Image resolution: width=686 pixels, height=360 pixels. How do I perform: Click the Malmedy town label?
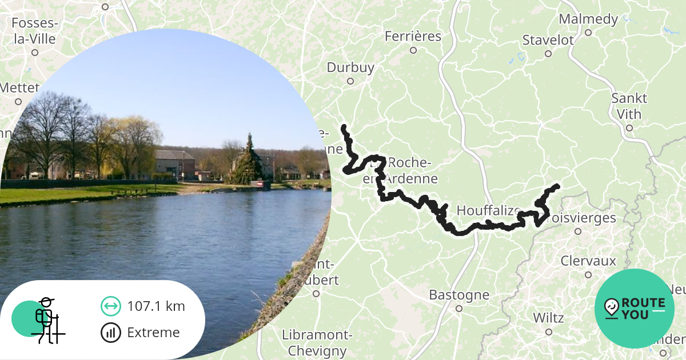(x=588, y=19)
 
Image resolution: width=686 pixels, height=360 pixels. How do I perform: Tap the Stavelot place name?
(x=548, y=40)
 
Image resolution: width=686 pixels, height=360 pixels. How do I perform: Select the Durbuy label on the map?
(x=350, y=67)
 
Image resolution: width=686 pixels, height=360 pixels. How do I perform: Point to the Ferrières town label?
(x=413, y=37)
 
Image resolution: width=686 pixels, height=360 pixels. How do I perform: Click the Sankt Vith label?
(x=629, y=106)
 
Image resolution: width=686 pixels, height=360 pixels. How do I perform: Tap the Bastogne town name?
(x=459, y=295)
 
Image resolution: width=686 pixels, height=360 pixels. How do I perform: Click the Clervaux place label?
(x=588, y=261)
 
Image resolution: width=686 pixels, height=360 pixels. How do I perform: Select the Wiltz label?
(x=548, y=318)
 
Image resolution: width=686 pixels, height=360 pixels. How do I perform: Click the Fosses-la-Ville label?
(x=35, y=31)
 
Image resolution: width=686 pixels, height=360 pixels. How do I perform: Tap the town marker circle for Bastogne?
(x=458, y=308)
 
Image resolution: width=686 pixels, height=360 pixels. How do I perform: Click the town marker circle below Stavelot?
(x=548, y=54)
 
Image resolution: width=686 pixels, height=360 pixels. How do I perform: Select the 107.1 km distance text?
(x=156, y=306)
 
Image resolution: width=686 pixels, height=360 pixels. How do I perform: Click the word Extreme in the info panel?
(x=153, y=333)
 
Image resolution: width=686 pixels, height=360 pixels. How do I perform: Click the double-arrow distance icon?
(x=111, y=306)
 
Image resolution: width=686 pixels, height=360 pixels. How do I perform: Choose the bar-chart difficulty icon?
(x=111, y=333)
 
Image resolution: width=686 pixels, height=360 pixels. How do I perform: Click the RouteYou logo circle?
(x=634, y=309)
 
